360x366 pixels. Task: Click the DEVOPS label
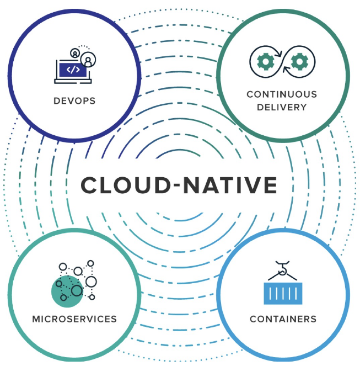tap(74, 101)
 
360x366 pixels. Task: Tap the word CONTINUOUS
tap(282, 94)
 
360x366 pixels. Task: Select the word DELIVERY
tap(282, 107)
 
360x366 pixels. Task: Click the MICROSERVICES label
tap(74, 319)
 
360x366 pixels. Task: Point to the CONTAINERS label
tap(283, 319)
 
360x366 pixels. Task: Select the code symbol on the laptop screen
tap(72, 69)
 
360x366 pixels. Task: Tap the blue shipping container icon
tap(283, 293)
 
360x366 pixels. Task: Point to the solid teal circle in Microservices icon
tap(65, 291)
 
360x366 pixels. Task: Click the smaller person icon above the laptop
tap(74, 52)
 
